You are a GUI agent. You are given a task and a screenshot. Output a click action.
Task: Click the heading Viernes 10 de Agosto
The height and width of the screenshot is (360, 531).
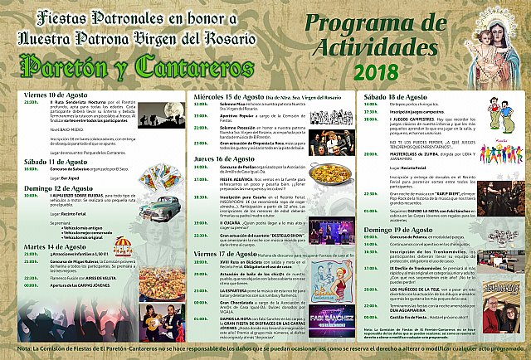pyautogui.click(x=56, y=95)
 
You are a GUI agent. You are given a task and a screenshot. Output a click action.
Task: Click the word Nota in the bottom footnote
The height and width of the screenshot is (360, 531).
pyautogui.click(x=15, y=353)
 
